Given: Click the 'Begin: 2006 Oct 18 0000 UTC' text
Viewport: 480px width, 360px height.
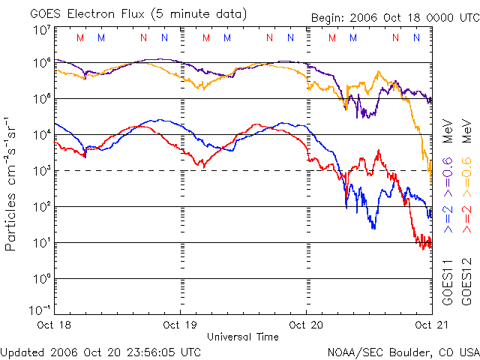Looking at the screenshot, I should [x=394, y=18].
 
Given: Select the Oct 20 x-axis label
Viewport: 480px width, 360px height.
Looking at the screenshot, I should [x=305, y=325].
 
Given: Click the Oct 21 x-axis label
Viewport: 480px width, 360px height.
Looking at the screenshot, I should [x=427, y=325].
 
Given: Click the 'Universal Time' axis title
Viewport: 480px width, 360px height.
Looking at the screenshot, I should [x=242, y=337].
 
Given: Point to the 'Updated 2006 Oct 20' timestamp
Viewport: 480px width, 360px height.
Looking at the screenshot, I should [x=100, y=351].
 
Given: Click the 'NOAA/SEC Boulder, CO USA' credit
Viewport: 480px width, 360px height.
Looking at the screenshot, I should [x=403, y=351].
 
